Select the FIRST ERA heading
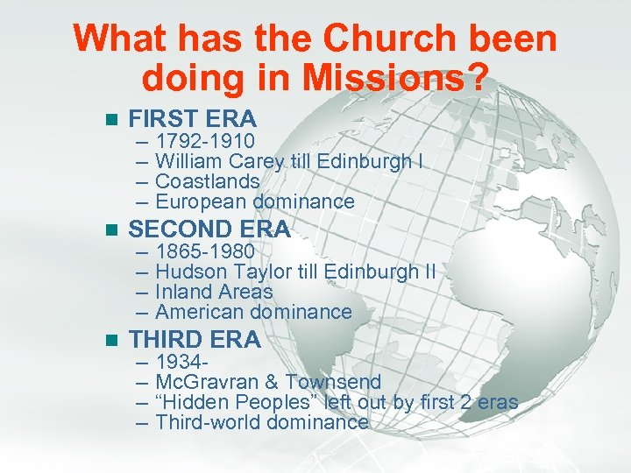192,119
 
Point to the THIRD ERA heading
195,340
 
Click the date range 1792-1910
205,141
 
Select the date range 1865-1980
205,251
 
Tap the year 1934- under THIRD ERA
181,362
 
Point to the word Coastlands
207,181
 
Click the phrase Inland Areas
214,292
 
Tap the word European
202,201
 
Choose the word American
201,312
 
